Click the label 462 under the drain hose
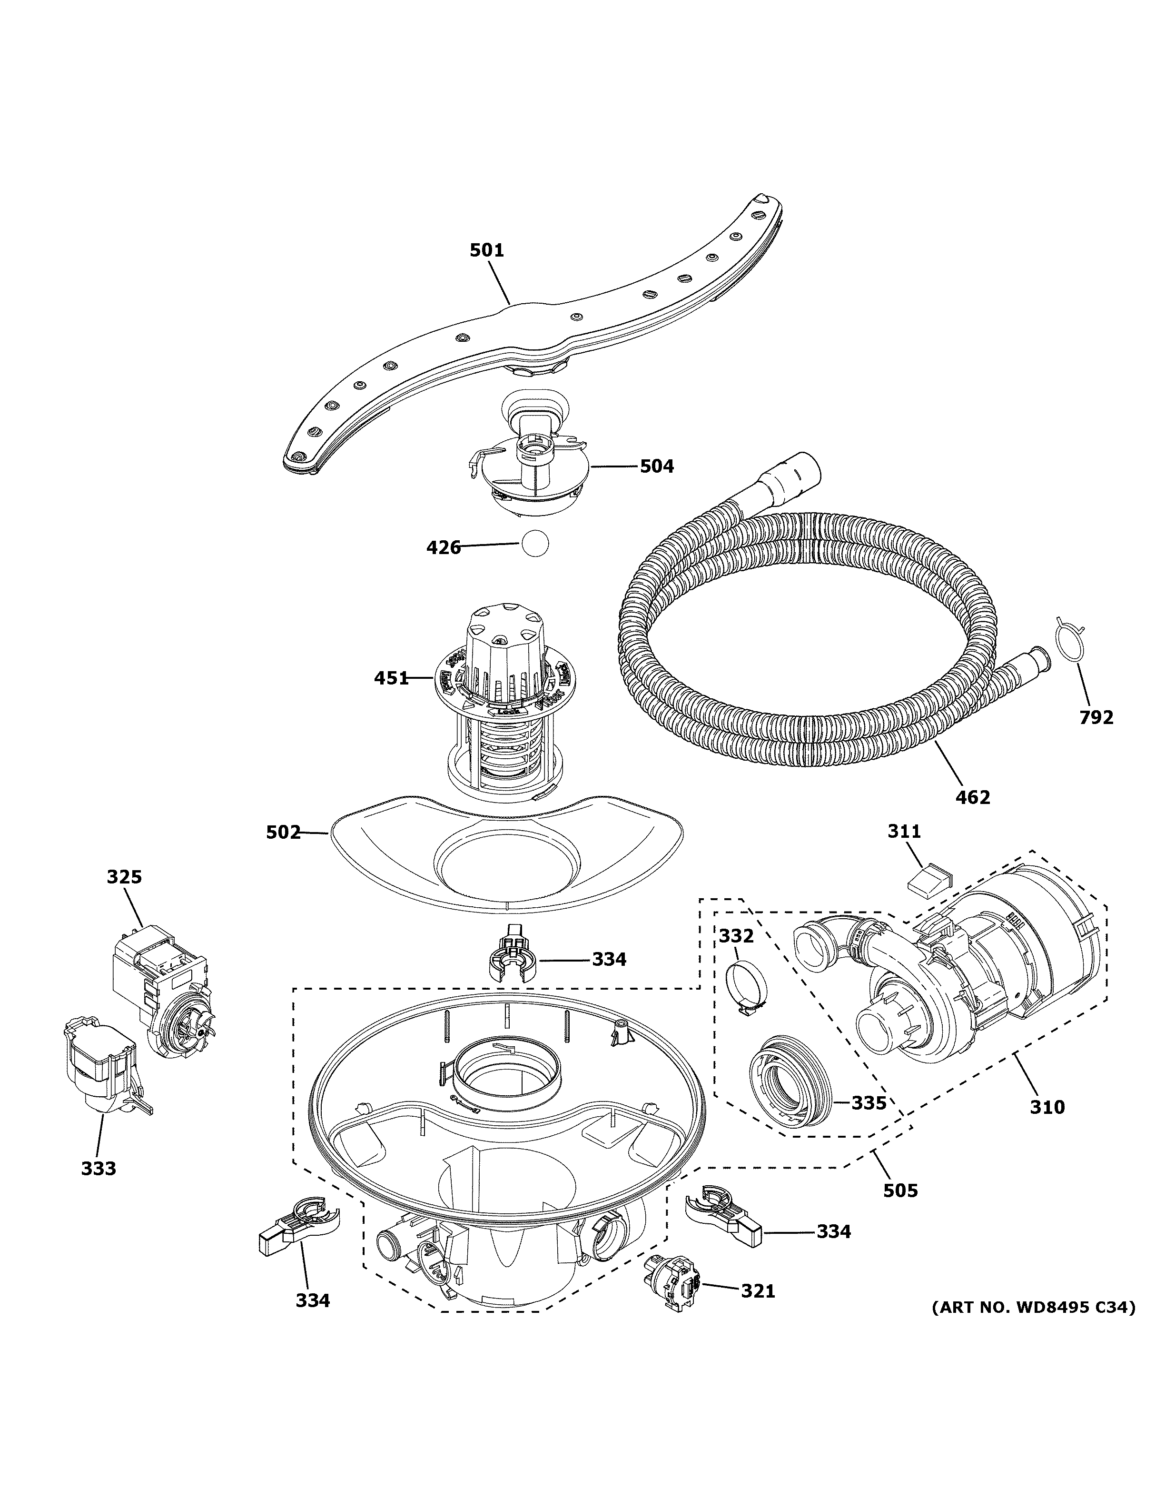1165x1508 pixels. pos(973,797)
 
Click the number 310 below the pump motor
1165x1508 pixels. pos(1047,1108)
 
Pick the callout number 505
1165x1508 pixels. pos(901,1191)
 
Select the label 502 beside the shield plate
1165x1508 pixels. pos(284,833)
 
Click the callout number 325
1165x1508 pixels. pos(124,877)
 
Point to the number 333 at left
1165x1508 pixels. pos(98,1169)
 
